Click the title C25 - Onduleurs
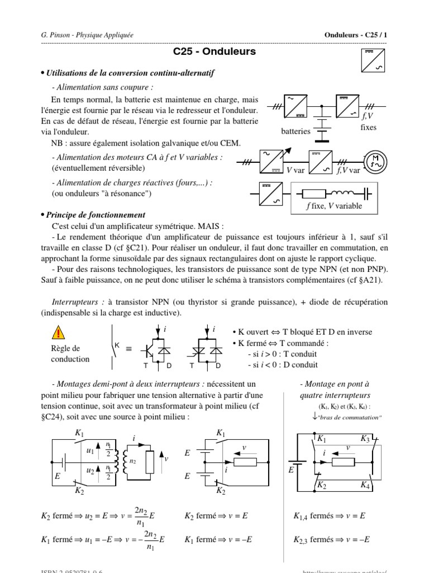pos(214,52)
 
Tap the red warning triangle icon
pos(59,334)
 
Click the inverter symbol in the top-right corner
pos(369,61)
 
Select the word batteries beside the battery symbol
pos(296,131)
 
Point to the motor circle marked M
pos(375,161)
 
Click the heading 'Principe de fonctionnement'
pos(96,215)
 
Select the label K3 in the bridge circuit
pos(365,439)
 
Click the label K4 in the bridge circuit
pos(365,485)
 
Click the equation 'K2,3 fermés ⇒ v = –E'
pos(332,540)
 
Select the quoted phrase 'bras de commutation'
pos(350,417)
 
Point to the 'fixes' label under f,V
pos(369,127)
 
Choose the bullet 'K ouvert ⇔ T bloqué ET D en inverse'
pos(302,331)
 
